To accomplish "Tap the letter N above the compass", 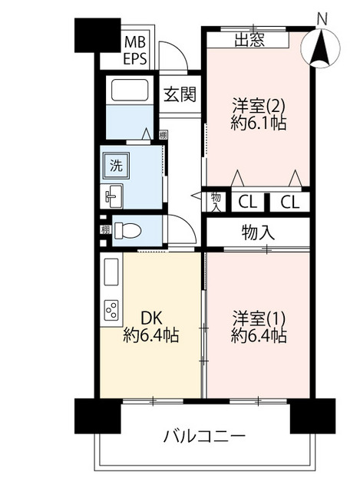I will pyautogui.click(x=322, y=18).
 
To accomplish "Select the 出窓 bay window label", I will pyautogui.click(x=249, y=40).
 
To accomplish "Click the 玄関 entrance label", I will pyautogui.click(x=180, y=94).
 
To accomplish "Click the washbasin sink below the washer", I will pyautogui.click(x=113, y=196).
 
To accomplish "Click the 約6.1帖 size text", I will pyautogui.click(x=259, y=124).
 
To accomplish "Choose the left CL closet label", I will pyautogui.click(x=246, y=203).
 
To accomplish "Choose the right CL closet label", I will pyautogui.click(x=289, y=203).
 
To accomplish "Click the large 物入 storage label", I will pyautogui.click(x=258, y=232).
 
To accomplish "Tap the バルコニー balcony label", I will pyautogui.click(x=205, y=437).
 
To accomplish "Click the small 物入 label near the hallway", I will pyautogui.click(x=216, y=202).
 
